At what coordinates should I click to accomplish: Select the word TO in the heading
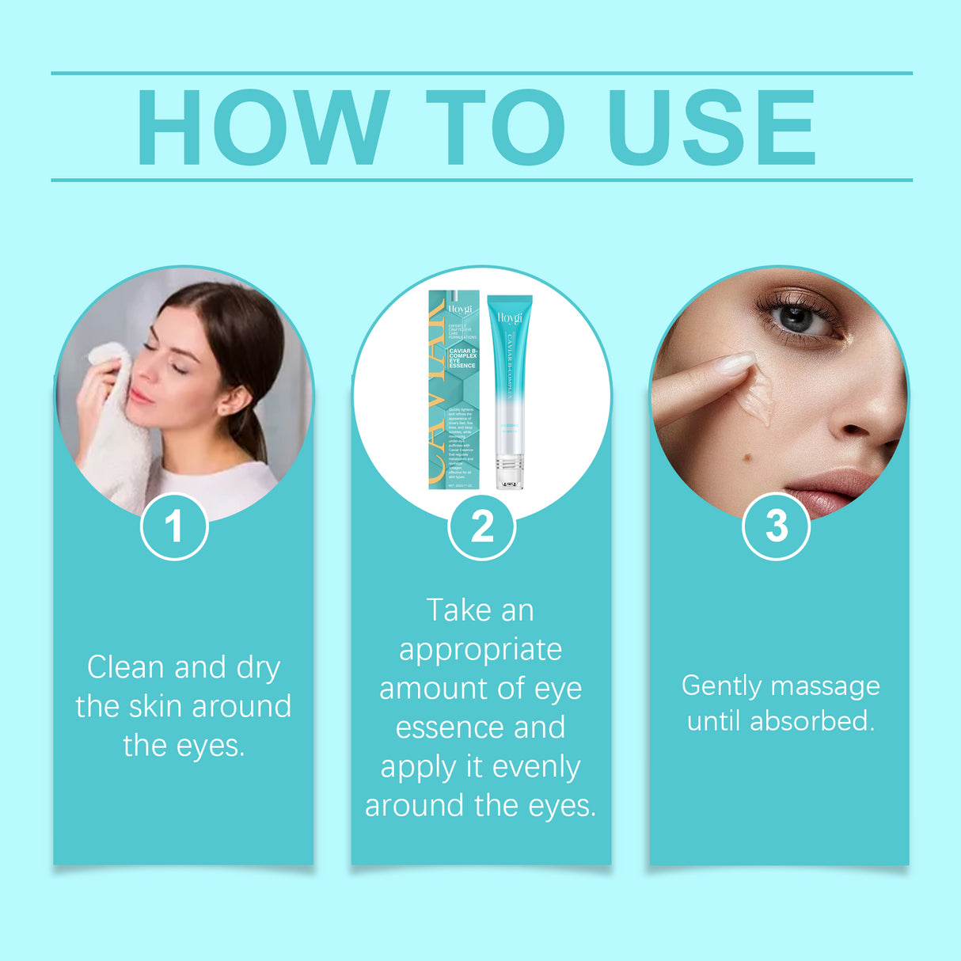495,127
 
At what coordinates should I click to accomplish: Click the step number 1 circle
174,526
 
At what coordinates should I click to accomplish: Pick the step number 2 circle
481,526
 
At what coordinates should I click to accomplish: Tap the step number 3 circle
776,526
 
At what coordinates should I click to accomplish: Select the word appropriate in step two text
480,650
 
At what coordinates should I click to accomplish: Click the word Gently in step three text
721,686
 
